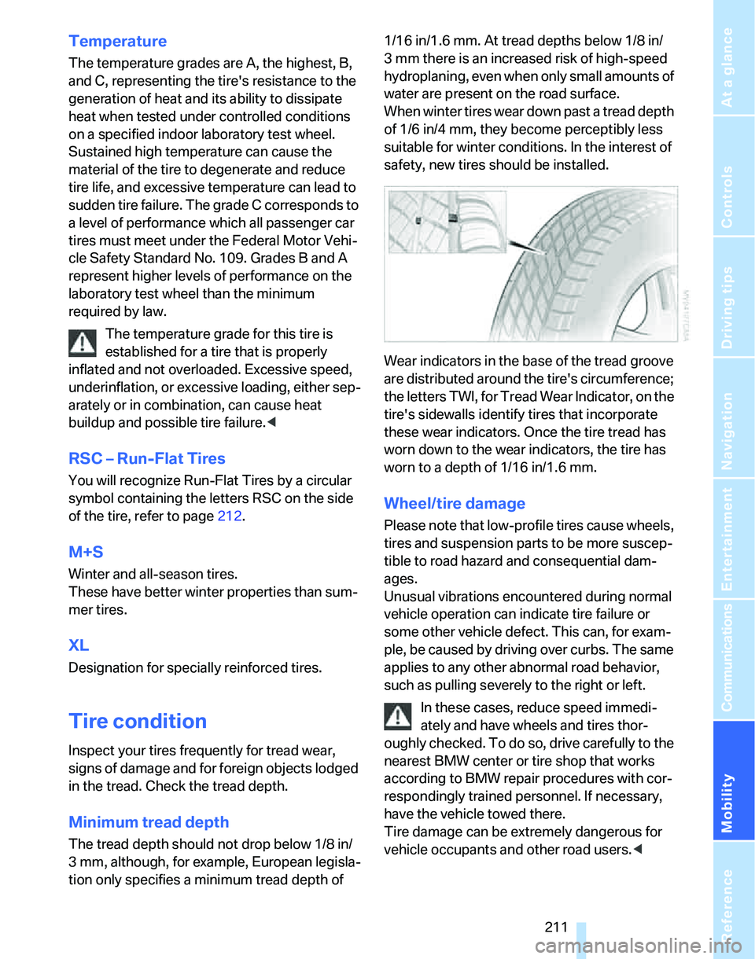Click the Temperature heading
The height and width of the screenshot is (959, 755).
tap(118, 41)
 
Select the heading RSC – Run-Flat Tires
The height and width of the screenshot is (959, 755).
tap(147, 458)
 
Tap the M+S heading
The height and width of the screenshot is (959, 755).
tap(87, 553)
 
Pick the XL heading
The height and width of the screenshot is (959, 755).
tap(79, 645)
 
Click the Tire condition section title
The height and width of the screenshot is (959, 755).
tap(138, 721)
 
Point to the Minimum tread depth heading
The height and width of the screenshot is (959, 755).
tap(149, 822)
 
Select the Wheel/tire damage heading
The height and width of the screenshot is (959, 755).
tap(455, 503)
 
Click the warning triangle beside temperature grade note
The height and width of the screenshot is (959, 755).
tap(83, 342)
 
